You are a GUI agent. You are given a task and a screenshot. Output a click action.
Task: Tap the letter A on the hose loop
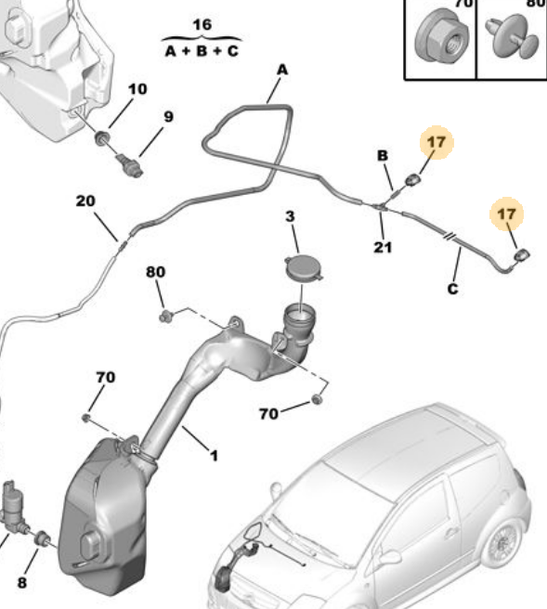pos(282,70)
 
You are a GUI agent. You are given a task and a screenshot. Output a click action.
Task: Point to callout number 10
pos(137,89)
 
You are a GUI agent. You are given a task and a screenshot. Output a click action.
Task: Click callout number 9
pos(168,117)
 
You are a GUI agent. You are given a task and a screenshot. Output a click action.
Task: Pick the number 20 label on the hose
pos(85,201)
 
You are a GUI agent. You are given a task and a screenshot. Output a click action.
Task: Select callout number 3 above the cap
pos(290,216)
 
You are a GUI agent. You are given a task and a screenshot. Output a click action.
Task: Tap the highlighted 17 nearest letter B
pos(436,143)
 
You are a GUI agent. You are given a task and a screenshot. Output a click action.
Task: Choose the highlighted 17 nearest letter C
pos(506,214)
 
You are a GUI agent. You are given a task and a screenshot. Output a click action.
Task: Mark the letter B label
pos(382,156)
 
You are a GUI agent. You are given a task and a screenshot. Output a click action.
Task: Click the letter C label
pos(452,290)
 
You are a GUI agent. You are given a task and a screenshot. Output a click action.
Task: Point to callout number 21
pos(383,247)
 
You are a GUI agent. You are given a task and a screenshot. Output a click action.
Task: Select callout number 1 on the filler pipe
pos(214,456)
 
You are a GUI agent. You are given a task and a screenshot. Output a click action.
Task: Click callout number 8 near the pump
pos(22,583)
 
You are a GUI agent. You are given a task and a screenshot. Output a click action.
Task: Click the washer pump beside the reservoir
pos(14,506)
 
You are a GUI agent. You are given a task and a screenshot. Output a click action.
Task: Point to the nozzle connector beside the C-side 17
pos(522,253)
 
